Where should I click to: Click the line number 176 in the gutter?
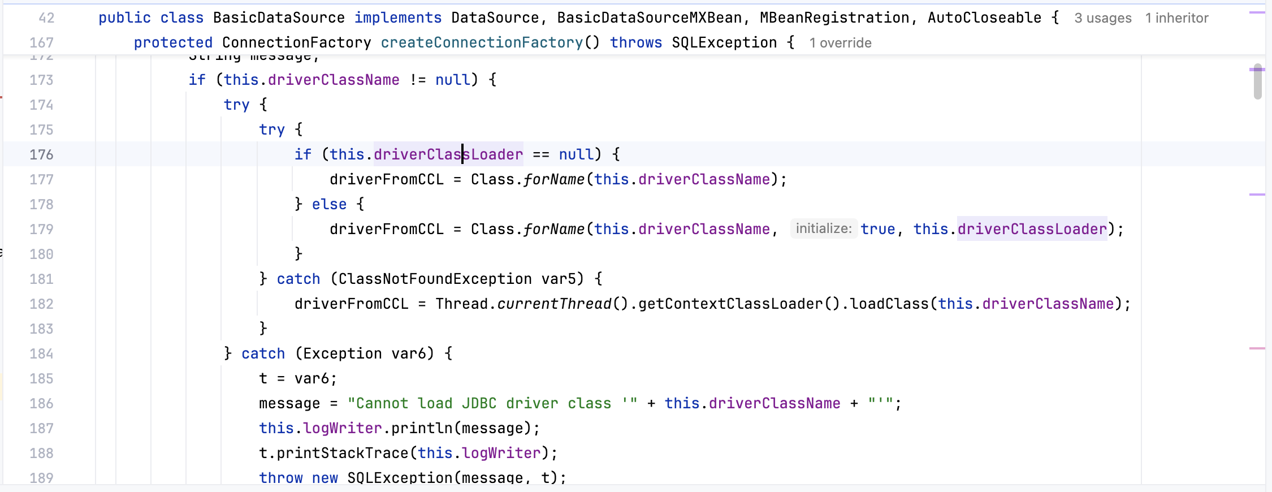point(41,154)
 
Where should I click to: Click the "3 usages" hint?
point(1102,18)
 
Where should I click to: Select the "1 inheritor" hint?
point(1176,18)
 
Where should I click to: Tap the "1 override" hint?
point(840,43)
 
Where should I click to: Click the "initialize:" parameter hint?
point(823,228)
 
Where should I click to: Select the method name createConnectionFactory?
point(482,43)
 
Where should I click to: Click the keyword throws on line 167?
point(636,43)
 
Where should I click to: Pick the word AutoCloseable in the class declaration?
point(984,18)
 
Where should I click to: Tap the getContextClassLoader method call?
point(730,304)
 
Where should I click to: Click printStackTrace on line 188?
point(342,453)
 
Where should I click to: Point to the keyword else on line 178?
point(329,204)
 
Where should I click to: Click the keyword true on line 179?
point(878,229)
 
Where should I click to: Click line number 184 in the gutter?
point(41,353)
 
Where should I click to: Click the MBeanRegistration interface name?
point(834,18)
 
